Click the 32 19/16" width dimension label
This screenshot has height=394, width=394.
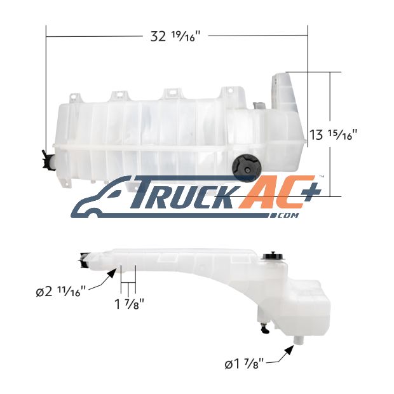coord(175,36)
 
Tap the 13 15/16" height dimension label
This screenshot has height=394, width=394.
coord(333,135)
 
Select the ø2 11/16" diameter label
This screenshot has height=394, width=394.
coord(61,292)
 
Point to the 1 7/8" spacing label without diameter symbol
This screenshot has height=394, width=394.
coord(129,304)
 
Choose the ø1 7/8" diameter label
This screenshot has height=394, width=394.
coord(245,364)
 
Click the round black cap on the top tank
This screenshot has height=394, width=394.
coord(245,168)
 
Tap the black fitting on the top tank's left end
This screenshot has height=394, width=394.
coord(47,160)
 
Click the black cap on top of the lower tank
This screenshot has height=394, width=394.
coord(273,256)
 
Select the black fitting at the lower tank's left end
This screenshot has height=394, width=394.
coord(84,260)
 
